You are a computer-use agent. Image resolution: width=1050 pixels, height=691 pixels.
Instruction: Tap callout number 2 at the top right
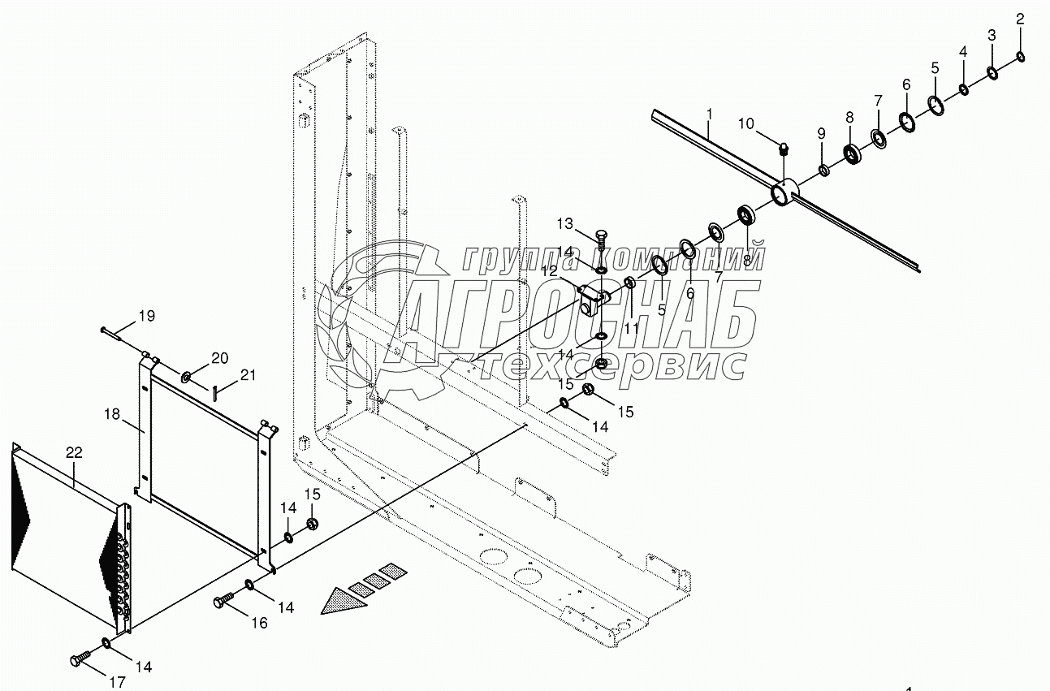1020,19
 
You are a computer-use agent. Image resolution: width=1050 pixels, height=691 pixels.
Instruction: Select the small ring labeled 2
1020,56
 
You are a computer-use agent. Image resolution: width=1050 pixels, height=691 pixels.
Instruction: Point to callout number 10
746,123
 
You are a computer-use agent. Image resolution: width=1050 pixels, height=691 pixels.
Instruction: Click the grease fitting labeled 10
784,149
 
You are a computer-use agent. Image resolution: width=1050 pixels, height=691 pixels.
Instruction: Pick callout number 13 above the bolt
565,223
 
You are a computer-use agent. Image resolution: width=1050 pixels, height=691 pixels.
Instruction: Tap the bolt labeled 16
223,602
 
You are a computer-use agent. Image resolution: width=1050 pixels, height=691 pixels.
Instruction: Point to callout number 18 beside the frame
111,414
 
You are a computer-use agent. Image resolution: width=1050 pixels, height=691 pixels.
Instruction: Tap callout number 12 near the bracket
552,271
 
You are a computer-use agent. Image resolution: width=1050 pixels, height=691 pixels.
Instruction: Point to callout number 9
821,133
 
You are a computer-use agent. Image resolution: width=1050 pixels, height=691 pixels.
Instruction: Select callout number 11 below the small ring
632,329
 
